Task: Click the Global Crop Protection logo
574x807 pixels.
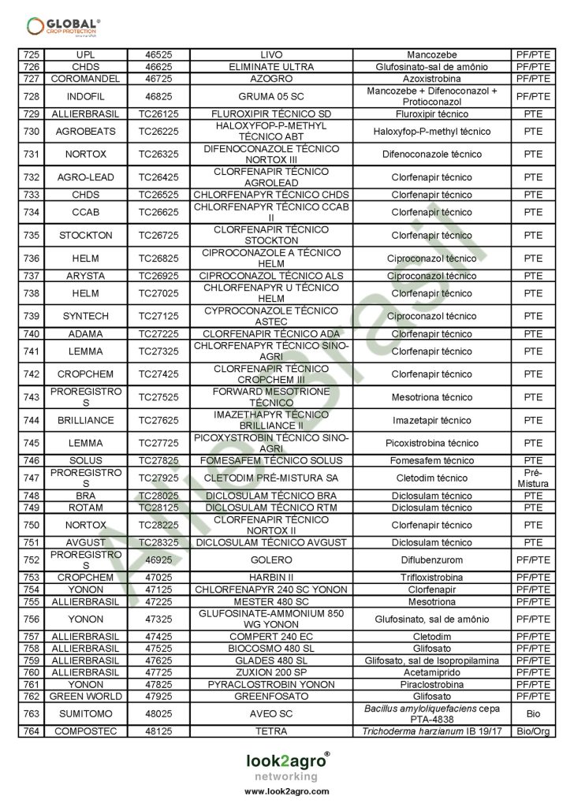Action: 63,26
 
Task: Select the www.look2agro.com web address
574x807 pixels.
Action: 286,791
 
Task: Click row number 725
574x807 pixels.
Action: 31,55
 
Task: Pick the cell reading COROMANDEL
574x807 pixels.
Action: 85,79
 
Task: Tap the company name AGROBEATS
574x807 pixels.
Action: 85,132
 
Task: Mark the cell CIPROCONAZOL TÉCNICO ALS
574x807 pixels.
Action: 270,276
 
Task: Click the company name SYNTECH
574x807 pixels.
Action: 85,316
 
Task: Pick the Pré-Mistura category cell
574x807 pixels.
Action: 533,478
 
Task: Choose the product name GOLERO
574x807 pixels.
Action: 270,560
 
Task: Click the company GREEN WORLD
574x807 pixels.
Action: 85,697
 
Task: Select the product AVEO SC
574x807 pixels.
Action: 270,714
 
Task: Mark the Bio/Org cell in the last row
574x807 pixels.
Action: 533,731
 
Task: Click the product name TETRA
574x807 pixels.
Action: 270,731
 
